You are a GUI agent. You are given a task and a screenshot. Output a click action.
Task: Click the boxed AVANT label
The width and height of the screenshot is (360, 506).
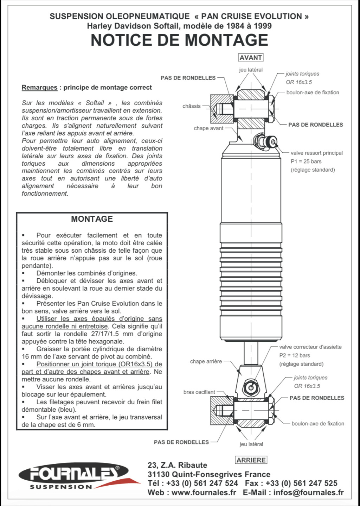[251, 57]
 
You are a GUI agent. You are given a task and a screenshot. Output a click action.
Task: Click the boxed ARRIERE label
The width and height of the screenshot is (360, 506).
[251, 460]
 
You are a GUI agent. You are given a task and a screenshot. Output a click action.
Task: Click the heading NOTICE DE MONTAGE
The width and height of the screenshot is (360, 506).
[179, 40]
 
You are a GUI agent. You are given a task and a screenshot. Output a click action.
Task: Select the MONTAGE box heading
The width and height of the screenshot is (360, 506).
[92, 219]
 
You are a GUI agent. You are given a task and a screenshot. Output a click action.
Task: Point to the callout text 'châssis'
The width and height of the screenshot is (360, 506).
[191, 106]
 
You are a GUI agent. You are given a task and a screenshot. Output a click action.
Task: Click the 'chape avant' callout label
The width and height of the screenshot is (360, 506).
[208, 128]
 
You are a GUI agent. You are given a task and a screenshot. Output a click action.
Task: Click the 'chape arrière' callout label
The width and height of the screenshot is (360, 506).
[206, 361]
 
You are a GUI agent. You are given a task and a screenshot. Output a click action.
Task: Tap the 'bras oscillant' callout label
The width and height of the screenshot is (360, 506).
[199, 392]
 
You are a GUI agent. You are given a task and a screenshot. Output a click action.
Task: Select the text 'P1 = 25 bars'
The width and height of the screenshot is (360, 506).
[306, 161]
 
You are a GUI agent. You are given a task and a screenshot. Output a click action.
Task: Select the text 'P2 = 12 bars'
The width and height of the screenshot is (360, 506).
[295, 355]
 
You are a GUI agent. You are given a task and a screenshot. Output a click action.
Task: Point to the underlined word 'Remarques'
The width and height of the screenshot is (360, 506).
[39, 87]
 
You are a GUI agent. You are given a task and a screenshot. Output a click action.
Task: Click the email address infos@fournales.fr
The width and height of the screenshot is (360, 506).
[309, 492]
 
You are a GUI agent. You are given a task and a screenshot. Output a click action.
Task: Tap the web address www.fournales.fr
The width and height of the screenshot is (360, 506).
[204, 492]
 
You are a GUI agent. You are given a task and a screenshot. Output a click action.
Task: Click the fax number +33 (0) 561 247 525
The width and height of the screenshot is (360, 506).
[302, 483]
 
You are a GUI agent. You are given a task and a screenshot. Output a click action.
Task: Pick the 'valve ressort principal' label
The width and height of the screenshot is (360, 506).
[317, 153]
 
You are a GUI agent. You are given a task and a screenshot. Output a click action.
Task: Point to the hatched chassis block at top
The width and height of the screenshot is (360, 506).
[222, 109]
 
